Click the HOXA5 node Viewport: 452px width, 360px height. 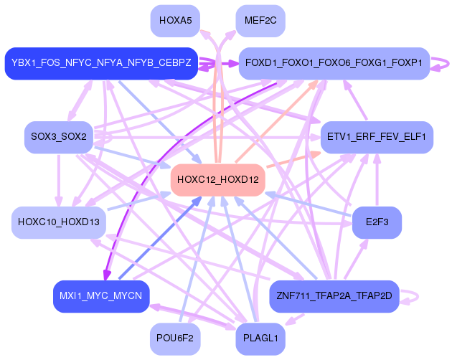pos(175,21)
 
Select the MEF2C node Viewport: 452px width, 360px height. pos(260,21)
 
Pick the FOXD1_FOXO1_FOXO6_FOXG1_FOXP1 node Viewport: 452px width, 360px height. pos(334,63)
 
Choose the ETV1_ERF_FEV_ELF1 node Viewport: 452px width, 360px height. pos(377,136)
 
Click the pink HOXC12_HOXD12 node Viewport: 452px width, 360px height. pos(217,179)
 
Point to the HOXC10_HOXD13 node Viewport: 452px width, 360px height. pos(59,222)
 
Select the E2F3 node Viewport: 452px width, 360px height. pos(377,222)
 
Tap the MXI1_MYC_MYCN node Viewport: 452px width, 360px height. pos(100,295)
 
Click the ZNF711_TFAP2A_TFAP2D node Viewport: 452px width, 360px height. pos(334,295)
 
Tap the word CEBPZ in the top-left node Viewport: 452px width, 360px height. pos(174,63)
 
